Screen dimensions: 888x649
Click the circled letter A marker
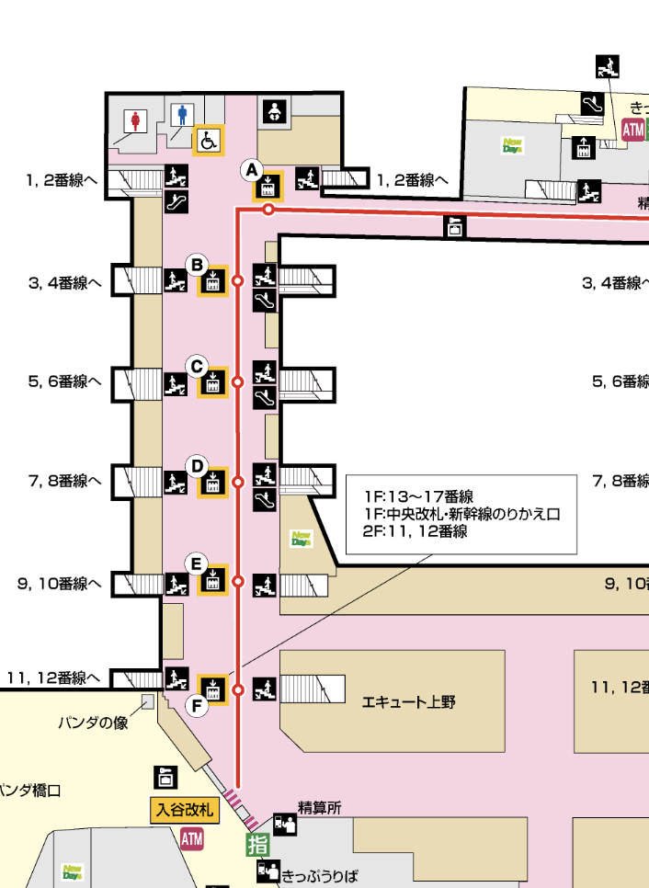(x=251, y=170)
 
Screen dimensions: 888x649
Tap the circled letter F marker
(x=196, y=706)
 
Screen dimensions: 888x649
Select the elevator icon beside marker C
(x=213, y=382)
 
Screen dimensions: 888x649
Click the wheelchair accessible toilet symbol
(x=209, y=142)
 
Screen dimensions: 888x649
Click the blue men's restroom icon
(x=182, y=115)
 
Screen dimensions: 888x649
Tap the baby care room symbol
(x=278, y=111)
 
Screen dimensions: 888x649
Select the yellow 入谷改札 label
(x=183, y=811)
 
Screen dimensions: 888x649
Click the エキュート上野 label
(x=409, y=702)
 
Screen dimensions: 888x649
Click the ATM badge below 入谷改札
(x=191, y=838)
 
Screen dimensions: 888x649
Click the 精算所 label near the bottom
(x=319, y=808)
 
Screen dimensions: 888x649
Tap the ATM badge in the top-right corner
(x=633, y=130)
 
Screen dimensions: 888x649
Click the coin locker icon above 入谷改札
(x=165, y=777)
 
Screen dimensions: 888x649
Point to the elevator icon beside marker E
(x=213, y=581)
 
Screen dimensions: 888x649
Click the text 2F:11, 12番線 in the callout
(x=416, y=531)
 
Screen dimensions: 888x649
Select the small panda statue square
(x=147, y=702)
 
